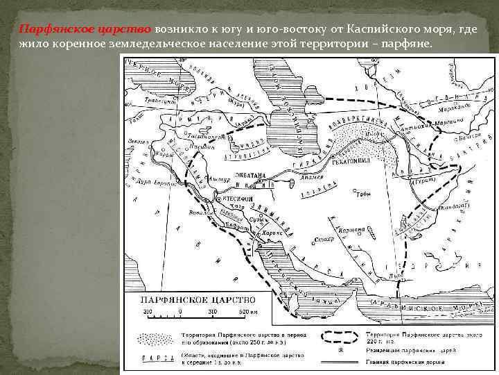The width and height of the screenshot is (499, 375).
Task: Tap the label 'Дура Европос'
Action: point(148,183)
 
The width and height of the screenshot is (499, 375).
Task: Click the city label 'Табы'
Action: point(364,195)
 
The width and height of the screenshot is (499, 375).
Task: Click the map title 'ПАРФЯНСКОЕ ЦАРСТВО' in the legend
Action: point(188,299)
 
